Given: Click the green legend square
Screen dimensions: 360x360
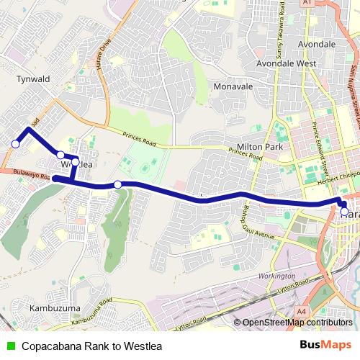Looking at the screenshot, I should click(9, 345).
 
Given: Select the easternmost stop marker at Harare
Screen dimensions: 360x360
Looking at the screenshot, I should click(343, 212).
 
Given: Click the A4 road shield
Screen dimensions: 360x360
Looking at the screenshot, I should click(301, 311).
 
